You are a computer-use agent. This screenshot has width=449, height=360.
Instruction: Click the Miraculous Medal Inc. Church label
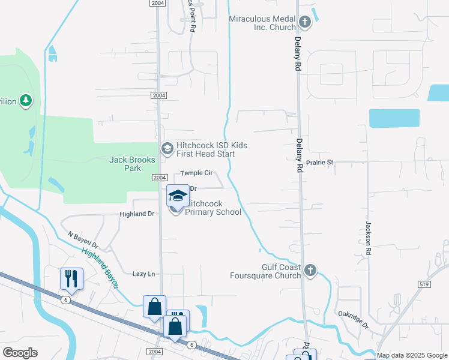[x=263, y=23]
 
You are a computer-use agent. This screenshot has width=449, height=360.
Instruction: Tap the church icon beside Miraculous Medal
[x=305, y=23]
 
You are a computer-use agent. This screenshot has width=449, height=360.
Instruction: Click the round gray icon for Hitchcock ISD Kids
[x=167, y=148]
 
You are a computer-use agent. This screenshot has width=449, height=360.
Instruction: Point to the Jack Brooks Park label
[x=133, y=164]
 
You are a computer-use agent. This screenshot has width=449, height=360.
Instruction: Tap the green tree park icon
[x=26, y=100]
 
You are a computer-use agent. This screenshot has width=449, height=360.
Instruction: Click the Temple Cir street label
[x=197, y=173]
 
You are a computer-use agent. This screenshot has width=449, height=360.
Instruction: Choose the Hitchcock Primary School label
[x=213, y=208]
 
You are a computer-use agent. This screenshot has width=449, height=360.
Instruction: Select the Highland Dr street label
[x=137, y=214]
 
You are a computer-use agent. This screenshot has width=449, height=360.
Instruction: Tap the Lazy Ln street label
[x=143, y=274]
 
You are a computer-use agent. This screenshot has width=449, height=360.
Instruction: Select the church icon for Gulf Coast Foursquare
[x=310, y=270]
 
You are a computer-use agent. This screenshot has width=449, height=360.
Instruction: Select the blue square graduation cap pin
[x=178, y=195]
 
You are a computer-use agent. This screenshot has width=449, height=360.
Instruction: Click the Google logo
[x=20, y=353]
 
